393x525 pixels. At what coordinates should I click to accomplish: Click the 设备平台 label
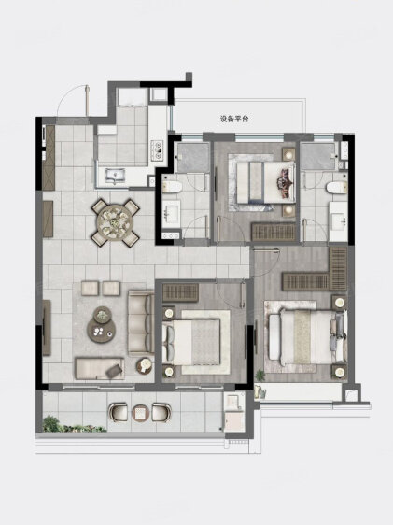pyautogui.click(x=234, y=119)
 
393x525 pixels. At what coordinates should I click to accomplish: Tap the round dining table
pyautogui.click(x=115, y=221)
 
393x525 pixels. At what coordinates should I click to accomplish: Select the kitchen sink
pyautogui.click(x=115, y=176)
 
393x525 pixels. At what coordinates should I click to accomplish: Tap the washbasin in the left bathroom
pyautogui.click(x=172, y=213)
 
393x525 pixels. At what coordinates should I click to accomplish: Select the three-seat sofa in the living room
pyautogui.click(x=141, y=322)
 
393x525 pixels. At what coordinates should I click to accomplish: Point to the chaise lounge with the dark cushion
pyautogui.click(x=99, y=368)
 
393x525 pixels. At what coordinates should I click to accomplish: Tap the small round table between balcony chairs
pyautogui.click(x=140, y=413)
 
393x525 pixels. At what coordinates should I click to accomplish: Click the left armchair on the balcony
pyautogui.click(x=118, y=412)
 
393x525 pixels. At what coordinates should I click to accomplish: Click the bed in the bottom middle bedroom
pyautogui.click(x=191, y=342)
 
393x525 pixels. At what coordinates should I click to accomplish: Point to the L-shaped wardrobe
pyautogui.click(x=316, y=271)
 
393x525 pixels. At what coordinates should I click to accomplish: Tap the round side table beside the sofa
pyautogui.click(x=144, y=366)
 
